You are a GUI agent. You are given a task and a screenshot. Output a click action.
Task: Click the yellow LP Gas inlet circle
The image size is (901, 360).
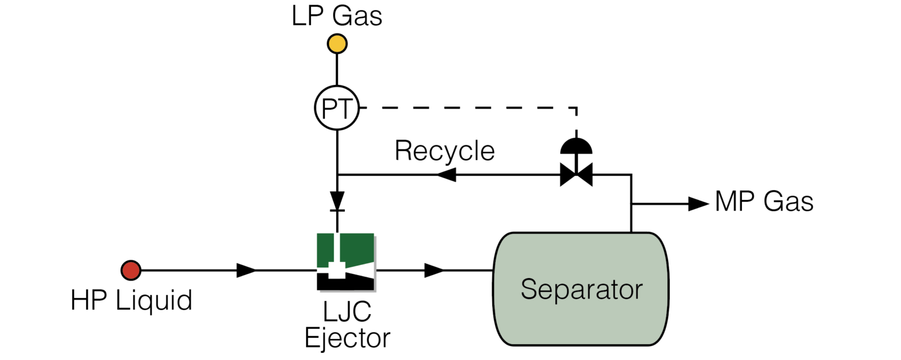pos(337,43)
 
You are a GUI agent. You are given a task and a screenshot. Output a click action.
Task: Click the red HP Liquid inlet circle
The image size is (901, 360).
pos(130,270)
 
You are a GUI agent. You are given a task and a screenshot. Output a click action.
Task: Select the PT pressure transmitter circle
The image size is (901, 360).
pos(337,108)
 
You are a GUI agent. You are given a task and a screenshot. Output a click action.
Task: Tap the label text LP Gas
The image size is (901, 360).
pos(337,16)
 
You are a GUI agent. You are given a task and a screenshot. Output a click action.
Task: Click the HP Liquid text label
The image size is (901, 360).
pos(131,301)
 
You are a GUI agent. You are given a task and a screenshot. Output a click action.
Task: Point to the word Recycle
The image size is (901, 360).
pos(445,151)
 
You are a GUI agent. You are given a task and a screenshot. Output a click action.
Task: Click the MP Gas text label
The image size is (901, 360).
pos(764,202)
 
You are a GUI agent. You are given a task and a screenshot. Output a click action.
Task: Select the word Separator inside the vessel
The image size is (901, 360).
pos(581,290)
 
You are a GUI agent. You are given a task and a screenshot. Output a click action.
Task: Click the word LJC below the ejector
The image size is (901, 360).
pos(346,312)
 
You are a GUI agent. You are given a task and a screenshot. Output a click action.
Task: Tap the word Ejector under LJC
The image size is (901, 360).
pos(347,338)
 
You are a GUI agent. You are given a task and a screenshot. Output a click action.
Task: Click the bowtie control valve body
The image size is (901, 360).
pos(576,174)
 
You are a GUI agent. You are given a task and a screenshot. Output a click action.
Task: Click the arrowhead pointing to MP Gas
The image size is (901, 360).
pos(698,203)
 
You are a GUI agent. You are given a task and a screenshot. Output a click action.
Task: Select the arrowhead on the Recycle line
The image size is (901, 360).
pos(445,174)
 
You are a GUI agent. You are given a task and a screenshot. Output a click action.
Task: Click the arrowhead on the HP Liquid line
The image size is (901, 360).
pos(246,270)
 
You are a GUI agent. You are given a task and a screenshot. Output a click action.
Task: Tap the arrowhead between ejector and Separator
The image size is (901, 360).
pos(434,270)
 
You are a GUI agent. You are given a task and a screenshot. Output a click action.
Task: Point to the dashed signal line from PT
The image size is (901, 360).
pos(469,108)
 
